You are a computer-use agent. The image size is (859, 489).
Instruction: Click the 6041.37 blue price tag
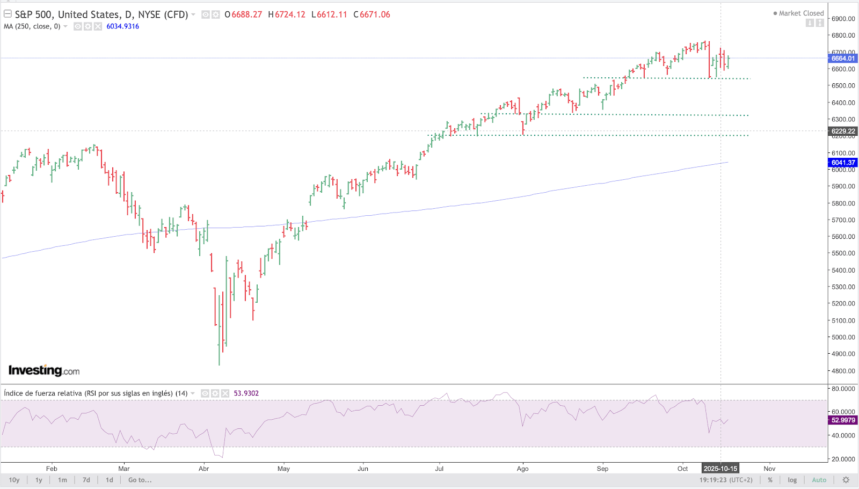pyautogui.click(x=843, y=163)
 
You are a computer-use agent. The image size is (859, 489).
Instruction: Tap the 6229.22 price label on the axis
pyautogui.click(x=843, y=131)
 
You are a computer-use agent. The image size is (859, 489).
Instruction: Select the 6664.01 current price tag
pyautogui.click(x=843, y=59)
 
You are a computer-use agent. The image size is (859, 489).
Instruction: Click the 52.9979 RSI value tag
pyautogui.click(x=843, y=420)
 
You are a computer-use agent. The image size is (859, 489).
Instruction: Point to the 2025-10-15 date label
pyautogui.click(x=720, y=469)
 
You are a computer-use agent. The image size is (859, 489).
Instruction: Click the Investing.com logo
pyautogui.click(x=44, y=370)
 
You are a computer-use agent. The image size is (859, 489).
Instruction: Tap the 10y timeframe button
pyautogui.click(x=14, y=480)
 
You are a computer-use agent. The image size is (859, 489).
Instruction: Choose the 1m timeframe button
pyautogui.click(x=62, y=480)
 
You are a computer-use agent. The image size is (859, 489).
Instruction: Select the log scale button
pyautogui.click(x=792, y=480)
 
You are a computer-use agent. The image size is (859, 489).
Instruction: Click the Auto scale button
pyautogui.click(x=819, y=480)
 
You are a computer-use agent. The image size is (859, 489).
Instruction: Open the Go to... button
pyautogui.click(x=140, y=480)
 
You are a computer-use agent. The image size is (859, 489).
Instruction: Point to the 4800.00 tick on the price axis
pyautogui.click(x=843, y=371)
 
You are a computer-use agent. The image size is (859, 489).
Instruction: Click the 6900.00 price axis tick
pyautogui.click(x=843, y=19)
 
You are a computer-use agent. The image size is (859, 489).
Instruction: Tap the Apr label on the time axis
pyautogui.click(x=203, y=469)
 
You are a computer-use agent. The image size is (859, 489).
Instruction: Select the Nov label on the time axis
pyautogui.click(x=769, y=469)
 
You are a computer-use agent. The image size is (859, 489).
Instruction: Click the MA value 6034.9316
pyautogui.click(x=122, y=26)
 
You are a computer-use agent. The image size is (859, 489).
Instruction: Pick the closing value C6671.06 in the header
pyautogui.click(x=372, y=14)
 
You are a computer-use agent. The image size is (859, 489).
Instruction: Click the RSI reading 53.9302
pyautogui.click(x=246, y=393)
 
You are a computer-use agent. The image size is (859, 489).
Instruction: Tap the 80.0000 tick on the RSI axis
pyautogui.click(x=843, y=389)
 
